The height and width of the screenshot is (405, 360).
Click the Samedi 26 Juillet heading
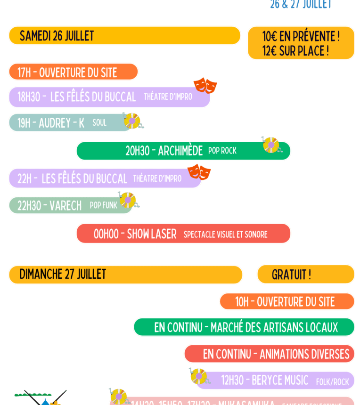pos(57,36)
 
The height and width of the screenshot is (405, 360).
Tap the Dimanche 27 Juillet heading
pos(63,274)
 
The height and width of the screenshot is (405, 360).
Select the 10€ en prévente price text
pos(301,36)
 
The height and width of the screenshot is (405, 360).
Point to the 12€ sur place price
pos(295,51)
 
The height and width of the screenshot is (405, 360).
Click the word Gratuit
pos(291,275)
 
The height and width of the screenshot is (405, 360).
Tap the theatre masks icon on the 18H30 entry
pos(205,85)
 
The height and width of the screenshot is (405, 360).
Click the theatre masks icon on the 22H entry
pos(199,172)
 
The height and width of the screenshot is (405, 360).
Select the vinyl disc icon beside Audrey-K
pos(132,121)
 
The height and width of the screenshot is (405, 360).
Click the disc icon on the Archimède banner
pos(271,145)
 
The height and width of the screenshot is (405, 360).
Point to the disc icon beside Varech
pos(128,200)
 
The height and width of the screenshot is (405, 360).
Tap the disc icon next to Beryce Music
pos(199,376)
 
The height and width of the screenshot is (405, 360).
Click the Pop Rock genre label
pos(222,151)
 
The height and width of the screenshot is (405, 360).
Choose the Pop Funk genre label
pos(103,205)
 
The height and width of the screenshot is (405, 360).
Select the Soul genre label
pos(99,123)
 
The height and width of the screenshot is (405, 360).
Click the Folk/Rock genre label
pos(333,381)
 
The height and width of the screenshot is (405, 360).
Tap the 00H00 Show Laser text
pos(135,234)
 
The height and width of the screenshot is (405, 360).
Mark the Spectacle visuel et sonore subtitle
pos(225,235)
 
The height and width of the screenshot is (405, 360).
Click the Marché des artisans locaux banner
pos(245,327)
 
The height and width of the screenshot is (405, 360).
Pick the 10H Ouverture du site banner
pos(285,301)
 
